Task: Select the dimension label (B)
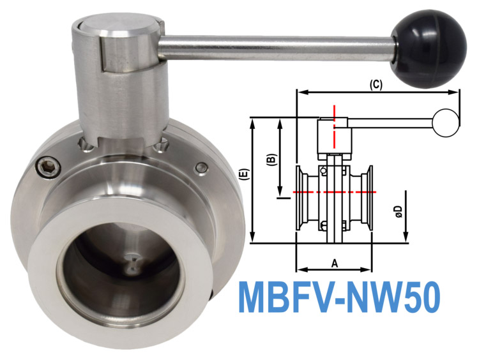[x=270, y=158]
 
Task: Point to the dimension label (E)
[x=245, y=176]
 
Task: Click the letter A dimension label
[x=333, y=262]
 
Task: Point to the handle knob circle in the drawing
[x=446, y=122]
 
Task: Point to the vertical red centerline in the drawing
[x=333, y=128]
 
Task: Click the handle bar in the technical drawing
[x=390, y=122]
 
